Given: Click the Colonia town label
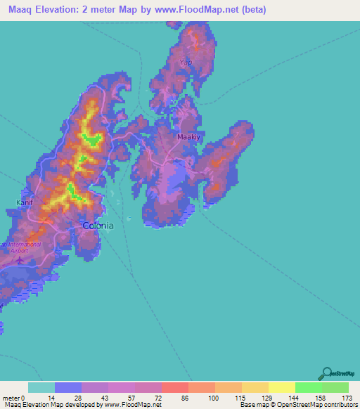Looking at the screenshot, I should click(98, 226).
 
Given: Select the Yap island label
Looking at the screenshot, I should click(186, 63).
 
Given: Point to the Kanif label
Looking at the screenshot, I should click(25, 203).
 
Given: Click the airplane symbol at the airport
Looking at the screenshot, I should click(18, 261).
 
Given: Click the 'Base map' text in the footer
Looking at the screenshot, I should click(252, 405).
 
